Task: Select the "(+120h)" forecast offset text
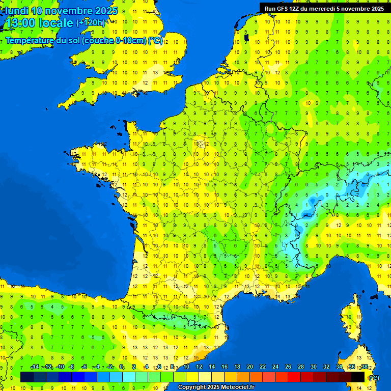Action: [91, 22]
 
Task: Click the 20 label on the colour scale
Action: [250, 367]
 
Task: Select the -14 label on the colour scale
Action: [35, 367]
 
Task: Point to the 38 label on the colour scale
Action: [364, 367]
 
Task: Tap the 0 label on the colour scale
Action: [121, 367]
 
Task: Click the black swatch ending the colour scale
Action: [358, 377]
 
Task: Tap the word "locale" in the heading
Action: [56, 23]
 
